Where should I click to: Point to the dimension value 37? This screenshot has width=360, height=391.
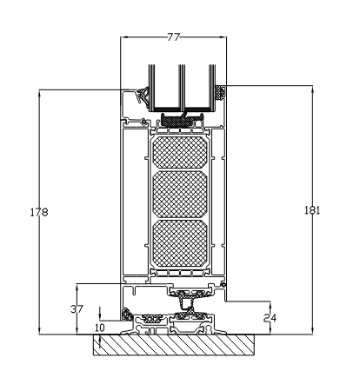(x=78, y=308)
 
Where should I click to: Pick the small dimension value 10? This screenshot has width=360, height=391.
(x=99, y=328)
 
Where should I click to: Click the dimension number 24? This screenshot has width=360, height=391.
(x=270, y=318)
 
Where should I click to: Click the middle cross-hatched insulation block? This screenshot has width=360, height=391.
(x=180, y=194)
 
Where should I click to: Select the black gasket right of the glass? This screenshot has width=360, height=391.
(x=221, y=91)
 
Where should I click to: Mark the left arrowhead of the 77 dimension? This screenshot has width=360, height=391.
(x=123, y=38)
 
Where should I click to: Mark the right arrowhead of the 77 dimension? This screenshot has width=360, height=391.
(x=223, y=38)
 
